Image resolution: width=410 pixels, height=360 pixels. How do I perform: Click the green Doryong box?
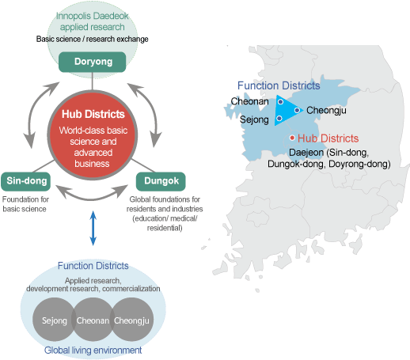coord(92,62)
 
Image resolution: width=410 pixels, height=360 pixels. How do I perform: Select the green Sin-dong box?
coord(25,181)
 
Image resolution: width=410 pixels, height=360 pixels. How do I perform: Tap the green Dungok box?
coord(161,181)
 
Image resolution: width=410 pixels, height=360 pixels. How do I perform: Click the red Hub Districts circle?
coord(92,135)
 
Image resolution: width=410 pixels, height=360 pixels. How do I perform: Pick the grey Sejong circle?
coord(54,320)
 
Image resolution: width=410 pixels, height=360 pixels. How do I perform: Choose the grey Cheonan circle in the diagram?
coord(93,320)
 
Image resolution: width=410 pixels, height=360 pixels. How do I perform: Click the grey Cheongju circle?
coord(131,320)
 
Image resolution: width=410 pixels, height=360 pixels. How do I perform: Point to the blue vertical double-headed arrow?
coord(93,228)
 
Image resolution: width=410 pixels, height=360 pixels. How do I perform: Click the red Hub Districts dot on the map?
coord(292,138)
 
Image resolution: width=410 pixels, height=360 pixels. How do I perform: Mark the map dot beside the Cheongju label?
coord(297,110)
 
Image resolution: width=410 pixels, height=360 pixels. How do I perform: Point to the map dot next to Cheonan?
coord(280,101)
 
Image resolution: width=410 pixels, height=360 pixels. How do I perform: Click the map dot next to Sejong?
coord(279,119)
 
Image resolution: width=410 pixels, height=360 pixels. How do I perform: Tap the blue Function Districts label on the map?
coord(279,85)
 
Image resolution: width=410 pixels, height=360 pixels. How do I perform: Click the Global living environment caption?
coord(93,351)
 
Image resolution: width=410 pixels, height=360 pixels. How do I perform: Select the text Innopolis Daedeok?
coord(92,16)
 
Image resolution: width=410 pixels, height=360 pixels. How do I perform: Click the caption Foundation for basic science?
coord(25,204)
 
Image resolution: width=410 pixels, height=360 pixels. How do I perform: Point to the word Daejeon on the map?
coord(306,153)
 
